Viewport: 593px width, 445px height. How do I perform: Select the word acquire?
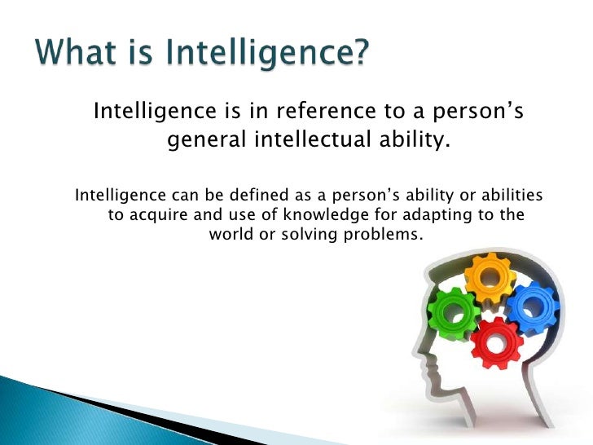coord(158,216)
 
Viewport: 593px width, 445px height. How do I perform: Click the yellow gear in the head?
coord(490,279)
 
